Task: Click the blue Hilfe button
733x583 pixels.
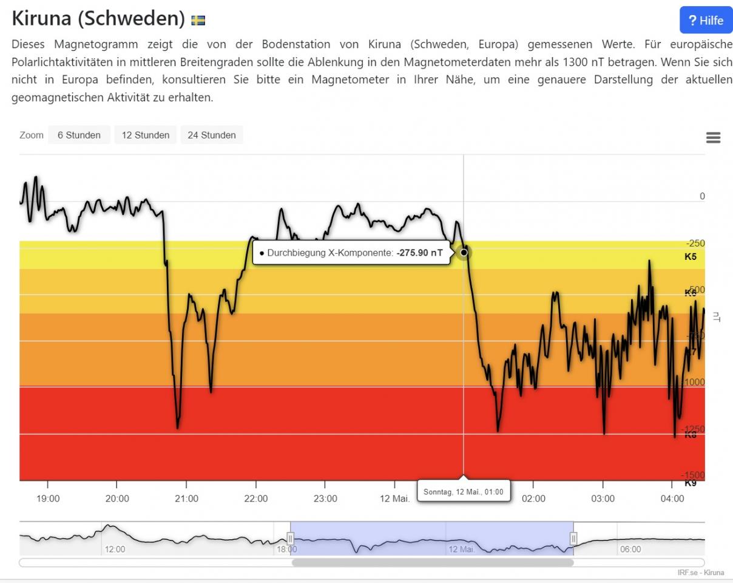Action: pos(706,21)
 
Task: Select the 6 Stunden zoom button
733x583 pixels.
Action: pos(79,135)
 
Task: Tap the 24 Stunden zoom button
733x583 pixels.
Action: pos(212,135)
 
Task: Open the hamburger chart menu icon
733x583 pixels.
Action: pos(714,138)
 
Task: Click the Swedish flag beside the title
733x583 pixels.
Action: pos(198,21)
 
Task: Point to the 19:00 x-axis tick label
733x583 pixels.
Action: pos(48,499)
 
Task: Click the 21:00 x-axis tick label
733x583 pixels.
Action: pos(186,499)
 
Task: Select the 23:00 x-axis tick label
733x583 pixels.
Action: pos(325,499)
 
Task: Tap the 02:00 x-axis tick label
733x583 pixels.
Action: pos(533,499)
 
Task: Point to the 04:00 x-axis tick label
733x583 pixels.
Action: pos(672,499)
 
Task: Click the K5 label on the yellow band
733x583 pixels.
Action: pos(691,257)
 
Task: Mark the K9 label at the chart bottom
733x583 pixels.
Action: pos(691,483)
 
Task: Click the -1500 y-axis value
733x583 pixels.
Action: pos(693,475)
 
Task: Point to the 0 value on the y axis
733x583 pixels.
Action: pos(702,196)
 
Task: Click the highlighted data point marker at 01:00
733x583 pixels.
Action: pos(464,252)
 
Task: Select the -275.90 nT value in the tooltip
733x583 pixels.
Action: pos(419,253)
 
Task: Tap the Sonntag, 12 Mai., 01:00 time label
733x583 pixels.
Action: pos(464,491)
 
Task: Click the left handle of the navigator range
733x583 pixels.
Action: pos(290,538)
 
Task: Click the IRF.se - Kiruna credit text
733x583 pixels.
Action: pos(700,573)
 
